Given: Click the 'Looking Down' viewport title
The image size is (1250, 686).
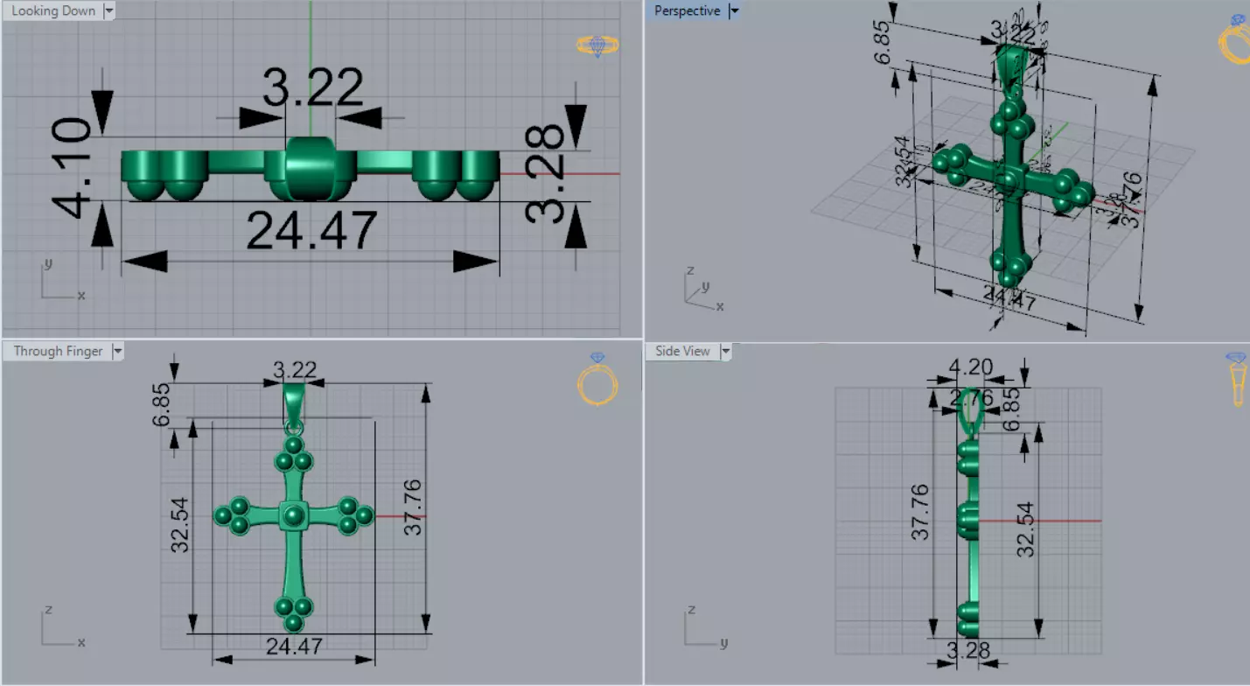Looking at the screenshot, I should pyautogui.click(x=52, y=11).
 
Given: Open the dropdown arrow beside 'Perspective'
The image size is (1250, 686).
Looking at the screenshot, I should pyautogui.click(x=734, y=11).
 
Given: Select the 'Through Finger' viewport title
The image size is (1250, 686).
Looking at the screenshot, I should pyautogui.click(x=58, y=351).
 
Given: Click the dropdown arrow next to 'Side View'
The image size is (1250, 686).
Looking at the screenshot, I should pyautogui.click(x=725, y=351).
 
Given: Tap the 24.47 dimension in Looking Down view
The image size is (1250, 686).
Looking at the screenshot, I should pyautogui.click(x=311, y=231).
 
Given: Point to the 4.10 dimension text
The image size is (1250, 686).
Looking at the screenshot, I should pyautogui.click(x=72, y=168).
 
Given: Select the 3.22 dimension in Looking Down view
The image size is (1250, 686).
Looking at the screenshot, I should pyautogui.click(x=313, y=87).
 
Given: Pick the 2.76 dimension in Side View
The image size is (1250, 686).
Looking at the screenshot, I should pyautogui.click(x=971, y=398).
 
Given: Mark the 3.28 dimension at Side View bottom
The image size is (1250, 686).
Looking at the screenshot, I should pyautogui.click(x=968, y=650).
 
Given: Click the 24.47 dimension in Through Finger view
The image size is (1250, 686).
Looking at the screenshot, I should pyautogui.click(x=294, y=647).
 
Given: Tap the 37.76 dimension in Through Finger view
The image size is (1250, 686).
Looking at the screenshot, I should pyautogui.click(x=412, y=507).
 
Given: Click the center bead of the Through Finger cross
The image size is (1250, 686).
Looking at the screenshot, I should pyautogui.click(x=294, y=516).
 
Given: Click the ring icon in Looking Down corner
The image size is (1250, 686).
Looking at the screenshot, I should pyautogui.click(x=597, y=45).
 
